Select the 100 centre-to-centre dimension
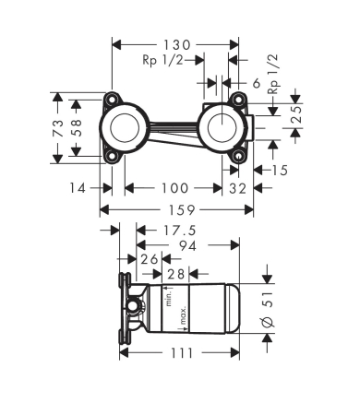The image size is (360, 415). tap(174, 188)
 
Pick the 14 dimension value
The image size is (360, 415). tap(78, 188)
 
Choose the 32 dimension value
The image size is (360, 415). tap(236, 188)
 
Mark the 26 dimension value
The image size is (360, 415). tap(150, 259)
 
